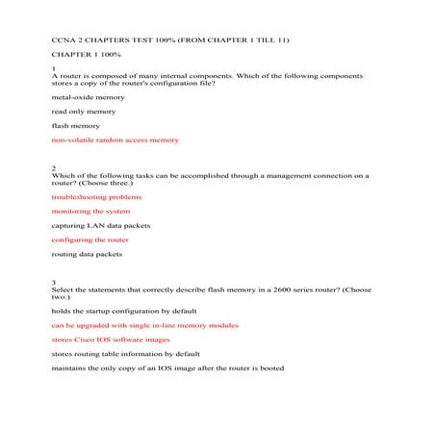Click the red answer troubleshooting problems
coord(96,196)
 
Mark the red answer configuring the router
coord(90,240)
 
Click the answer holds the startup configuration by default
coord(124,311)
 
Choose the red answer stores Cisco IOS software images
coord(111,340)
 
